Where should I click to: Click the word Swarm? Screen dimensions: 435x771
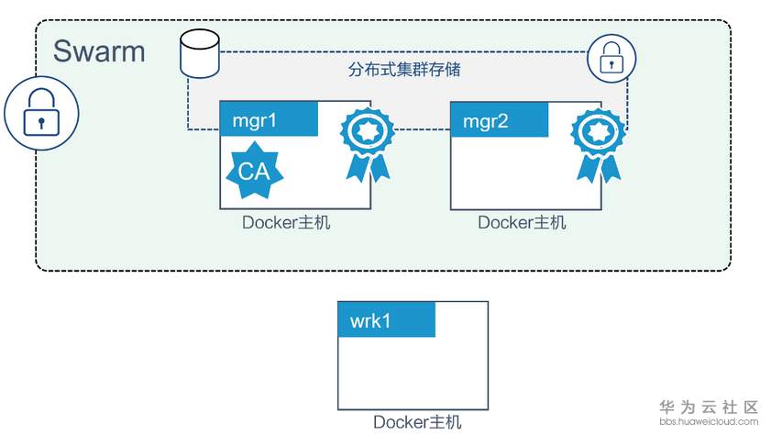click(99, 50)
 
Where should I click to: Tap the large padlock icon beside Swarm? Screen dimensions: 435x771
click(32, 112)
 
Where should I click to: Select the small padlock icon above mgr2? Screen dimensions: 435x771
click(611, 59)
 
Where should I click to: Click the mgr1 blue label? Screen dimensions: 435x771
click(269, 119)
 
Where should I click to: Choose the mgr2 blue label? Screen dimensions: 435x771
click(499, 119)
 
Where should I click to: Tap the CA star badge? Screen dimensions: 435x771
click(254, 170)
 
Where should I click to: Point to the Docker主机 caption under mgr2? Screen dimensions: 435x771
click(522, 222)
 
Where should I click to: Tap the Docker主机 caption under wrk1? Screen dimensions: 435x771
click(417, 422)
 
